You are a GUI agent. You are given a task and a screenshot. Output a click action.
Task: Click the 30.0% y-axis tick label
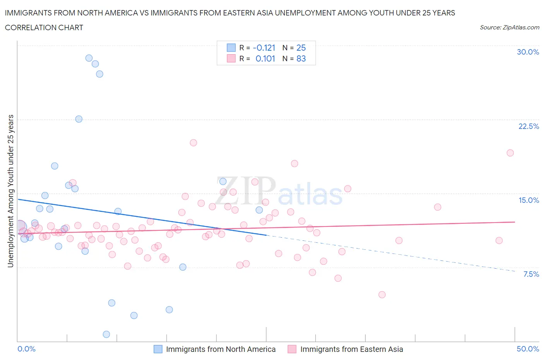(528, 52)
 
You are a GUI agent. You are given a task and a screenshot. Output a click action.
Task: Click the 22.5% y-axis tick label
(529, 126)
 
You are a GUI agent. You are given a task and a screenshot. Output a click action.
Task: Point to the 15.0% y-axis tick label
(529, 200)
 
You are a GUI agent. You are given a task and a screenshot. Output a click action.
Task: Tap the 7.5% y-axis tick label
(531, 274)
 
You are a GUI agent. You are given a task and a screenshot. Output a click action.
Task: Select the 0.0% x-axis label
(26, 349)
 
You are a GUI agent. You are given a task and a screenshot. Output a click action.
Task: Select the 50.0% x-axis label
(528, 349)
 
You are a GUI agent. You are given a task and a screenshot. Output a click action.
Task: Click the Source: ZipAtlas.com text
(509, 27)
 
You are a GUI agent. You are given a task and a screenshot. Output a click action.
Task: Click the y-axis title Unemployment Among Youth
(10, 191)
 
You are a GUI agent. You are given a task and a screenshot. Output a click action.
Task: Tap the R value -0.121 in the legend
(264, 48)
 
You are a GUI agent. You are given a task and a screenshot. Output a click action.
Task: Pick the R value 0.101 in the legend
(265, 58)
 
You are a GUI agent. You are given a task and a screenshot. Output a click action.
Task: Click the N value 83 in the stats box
(301, 58)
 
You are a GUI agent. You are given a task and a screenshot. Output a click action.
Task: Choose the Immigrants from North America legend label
(221, 349)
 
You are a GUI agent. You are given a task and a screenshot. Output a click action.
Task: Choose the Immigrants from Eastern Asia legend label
(351, 349)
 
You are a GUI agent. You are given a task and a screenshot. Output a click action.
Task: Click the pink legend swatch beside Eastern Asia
(292, 349)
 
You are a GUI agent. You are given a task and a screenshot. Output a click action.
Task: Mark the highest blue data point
(89, 58)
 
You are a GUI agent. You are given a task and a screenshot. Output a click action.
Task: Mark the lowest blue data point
(106, 334)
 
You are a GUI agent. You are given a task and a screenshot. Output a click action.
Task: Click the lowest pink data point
(382, 295)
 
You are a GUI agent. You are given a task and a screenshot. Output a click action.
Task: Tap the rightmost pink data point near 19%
(510, 153)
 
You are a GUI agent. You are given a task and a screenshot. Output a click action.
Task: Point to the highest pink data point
(193, 143)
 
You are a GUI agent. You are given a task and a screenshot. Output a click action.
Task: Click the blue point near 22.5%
(79, 119)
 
